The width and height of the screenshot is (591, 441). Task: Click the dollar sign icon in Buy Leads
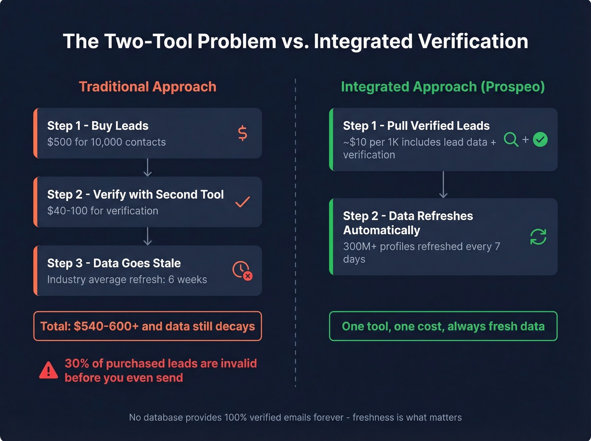point(242,133)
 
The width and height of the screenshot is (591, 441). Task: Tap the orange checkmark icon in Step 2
point(242,202)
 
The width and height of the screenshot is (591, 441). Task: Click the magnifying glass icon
point(511,139)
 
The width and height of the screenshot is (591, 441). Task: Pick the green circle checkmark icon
point(540,139)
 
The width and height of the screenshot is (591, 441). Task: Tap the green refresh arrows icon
point(538,237)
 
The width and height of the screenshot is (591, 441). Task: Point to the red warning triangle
point(49,370)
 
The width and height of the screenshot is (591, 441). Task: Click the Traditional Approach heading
point(147,87)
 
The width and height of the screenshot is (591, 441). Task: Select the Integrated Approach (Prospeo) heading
point(443,87)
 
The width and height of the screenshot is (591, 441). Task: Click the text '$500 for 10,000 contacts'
point(106,142)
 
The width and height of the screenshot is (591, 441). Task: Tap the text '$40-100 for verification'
point(103,211)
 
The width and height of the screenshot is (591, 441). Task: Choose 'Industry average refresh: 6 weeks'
point(127,279)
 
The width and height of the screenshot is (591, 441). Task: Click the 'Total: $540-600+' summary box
point(147,326)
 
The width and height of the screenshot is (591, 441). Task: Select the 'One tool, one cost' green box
point(443,326)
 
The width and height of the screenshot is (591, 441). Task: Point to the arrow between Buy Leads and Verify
point(147,168)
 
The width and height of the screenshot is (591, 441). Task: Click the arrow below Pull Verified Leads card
point(443,184)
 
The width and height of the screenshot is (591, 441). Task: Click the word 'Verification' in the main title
point(473,41)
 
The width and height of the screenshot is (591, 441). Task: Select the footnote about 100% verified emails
point(295,417)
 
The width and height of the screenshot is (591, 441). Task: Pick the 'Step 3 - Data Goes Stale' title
point(114,263)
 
